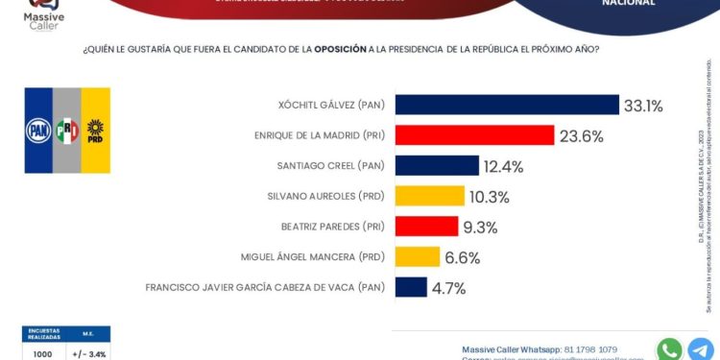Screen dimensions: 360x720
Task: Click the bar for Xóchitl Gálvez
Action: tap(507, 105)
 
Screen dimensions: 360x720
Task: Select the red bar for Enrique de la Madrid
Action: tap(474, 135)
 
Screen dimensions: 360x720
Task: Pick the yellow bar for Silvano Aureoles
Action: tap(429, 196)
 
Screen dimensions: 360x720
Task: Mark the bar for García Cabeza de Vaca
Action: tap(411, 287)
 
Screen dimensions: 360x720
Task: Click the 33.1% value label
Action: tap(643, 106)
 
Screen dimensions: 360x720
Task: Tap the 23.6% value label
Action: tap(583, 136)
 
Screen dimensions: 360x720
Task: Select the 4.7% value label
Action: tap(448, 288)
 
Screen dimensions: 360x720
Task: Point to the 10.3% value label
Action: tap(490, 197)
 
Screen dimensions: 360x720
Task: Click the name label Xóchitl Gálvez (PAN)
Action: tap(329, 106)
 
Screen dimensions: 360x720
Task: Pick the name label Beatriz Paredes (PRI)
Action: tap(332, 227)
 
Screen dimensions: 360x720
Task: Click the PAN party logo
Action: tap(38, 129)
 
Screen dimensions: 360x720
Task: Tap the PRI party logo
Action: tap(66, 129)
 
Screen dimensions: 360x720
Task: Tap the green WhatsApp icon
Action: tap(669, 348)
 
